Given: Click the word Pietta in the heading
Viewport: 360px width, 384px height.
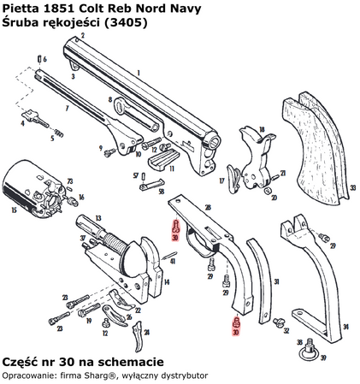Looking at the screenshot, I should [21, 8].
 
